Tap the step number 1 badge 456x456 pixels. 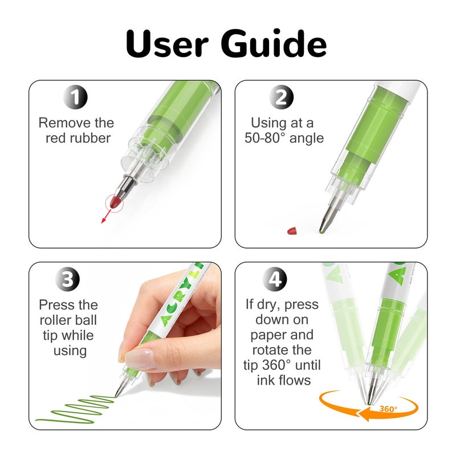pyautogui.click(x=75, y=97)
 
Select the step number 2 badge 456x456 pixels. pyautogui.click(x=281, y=97)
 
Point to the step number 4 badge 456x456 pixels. pyautogui.click(x=275, y=279)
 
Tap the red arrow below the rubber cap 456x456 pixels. pyautogui.click(x=106, y=217)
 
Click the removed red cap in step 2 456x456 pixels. pyautogui.click(x=292, y=231)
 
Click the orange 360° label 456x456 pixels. pyautogui.click(x=388, y=409)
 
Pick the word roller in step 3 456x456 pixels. pyautogui.click(x=54, y=320)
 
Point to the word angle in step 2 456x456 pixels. pyautogui.click(x=307, y=139)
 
